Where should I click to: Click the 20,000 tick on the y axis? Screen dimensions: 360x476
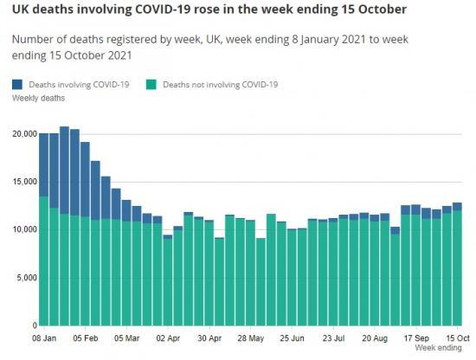tap(24, 134)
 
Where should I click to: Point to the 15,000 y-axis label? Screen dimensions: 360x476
tap(24, 182)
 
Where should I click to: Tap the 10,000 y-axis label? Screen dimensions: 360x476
tap(24, 229)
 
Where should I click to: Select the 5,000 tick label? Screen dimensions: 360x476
tap(27, 278)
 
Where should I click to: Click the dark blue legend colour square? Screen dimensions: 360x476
tap(17, 85)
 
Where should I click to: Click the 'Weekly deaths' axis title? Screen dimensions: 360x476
tap(36, 99)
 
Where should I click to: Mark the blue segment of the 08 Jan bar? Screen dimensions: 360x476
tap(43, 165)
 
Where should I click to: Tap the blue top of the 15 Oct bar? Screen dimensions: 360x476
tap(457, 207)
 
